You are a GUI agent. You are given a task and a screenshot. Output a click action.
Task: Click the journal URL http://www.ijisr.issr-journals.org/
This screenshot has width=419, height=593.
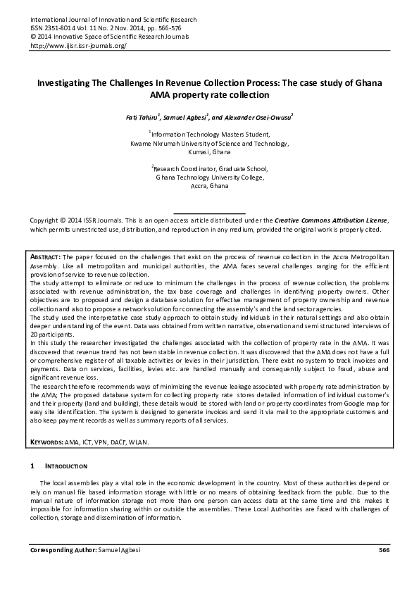coord(77,46)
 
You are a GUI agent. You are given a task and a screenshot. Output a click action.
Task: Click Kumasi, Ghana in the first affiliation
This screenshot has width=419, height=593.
coord(209,151)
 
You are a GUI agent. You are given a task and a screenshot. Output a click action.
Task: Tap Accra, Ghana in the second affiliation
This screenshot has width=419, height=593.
coord(209,187)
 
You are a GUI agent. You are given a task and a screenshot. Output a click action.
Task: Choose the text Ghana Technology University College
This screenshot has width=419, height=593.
coord(209,178)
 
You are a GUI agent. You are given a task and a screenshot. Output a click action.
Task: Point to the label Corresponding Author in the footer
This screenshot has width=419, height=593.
coord(61,549)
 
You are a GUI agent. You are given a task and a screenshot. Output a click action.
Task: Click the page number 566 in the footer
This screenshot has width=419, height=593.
coord(383,549)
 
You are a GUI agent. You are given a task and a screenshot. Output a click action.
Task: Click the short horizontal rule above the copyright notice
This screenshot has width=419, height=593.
coord(209,212)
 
